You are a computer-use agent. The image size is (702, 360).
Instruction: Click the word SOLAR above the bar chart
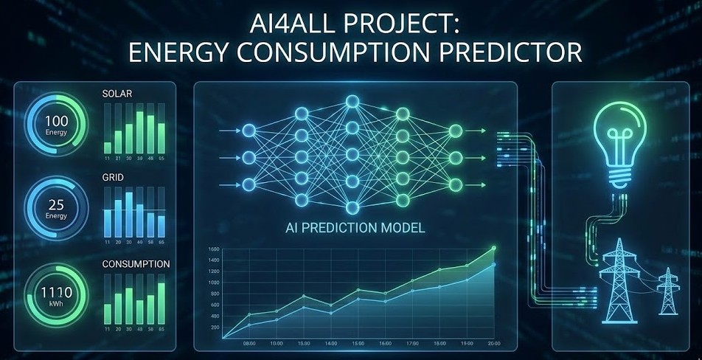[x=117, y=94]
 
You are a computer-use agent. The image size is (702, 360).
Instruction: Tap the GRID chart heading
[x=114, y=178]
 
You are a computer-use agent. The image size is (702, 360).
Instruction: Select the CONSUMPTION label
[x=136, y=263]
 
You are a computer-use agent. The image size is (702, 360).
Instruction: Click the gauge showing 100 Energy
[x=56, y=122]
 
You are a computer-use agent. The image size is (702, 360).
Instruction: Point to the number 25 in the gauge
[x=56, y=204]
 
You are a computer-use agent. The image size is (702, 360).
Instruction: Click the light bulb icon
[x=621, y=144]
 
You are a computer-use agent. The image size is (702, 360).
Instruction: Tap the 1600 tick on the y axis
[x=214, y=249]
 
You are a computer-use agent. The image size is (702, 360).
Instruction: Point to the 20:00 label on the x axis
[x=493, y=344]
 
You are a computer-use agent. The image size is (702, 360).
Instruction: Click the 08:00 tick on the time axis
[x=249, y=344]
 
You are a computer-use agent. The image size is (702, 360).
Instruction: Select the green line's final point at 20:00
[x=494, y=249]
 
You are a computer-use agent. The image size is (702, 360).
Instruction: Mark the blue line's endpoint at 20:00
[x=494, y=264]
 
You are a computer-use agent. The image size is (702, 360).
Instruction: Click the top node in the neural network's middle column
[x=352, y=100]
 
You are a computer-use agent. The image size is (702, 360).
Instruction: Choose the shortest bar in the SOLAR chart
[x=108, y=147]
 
